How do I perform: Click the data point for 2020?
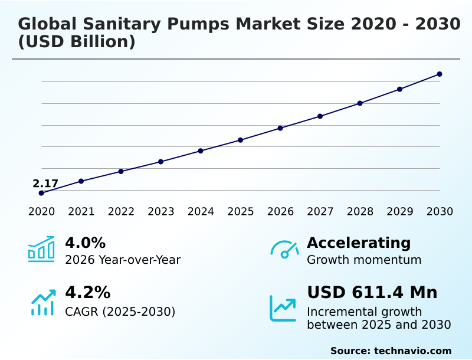coord(41,193)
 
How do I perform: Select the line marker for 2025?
coord(241,140)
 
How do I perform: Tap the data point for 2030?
coord(440,74)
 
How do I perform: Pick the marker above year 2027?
coord(320,116)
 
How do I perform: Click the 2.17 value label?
coord(45,184)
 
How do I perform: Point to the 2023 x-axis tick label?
coord(160,212)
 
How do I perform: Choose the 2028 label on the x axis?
coord(360,212)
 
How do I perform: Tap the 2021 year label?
coord(81,212)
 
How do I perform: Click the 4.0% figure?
coord(85,243)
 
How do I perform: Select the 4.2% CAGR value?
coord(87,293)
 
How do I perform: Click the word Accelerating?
coord(359,243)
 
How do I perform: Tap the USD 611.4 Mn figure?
coord(372,293)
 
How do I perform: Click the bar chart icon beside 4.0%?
coord(41,249)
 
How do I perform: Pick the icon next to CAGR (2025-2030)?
coord(42,302)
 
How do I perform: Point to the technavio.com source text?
coord(391,351)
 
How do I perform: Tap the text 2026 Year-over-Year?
coord(123,260)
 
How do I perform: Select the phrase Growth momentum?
coord(364,260)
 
